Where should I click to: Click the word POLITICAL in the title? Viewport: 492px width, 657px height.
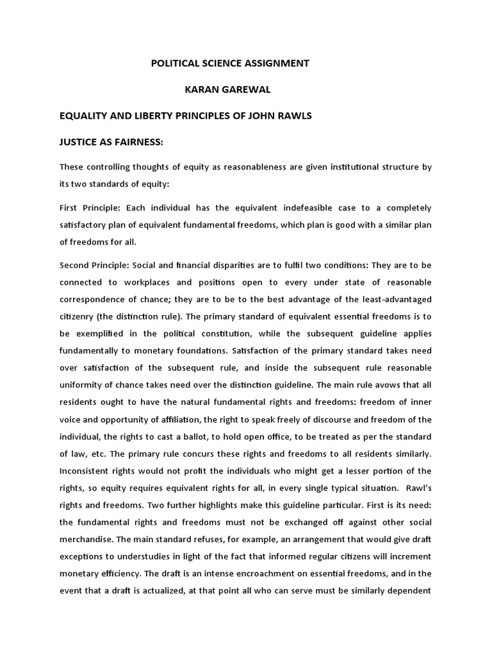click(175, 64)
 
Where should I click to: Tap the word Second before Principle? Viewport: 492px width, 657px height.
click(76, 265)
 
